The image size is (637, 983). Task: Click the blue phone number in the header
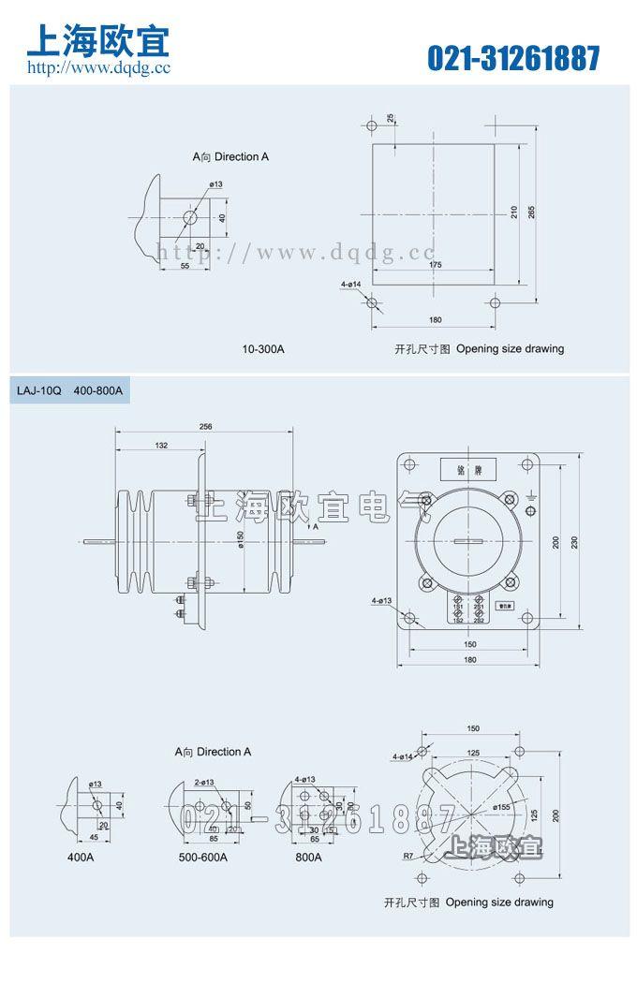513,58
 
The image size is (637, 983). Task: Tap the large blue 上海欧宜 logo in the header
98,40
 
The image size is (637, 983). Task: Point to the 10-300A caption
262,349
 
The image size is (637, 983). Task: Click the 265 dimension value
531,211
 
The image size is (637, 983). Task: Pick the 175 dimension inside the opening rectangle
436,266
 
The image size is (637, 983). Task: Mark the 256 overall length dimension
206,426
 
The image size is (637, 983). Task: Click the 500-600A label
202,857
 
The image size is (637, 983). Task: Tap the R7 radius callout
407,855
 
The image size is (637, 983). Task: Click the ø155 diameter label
501,806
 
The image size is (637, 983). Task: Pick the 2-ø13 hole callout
204,782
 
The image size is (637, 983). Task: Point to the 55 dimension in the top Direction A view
185,267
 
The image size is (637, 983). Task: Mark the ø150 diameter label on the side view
241,541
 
